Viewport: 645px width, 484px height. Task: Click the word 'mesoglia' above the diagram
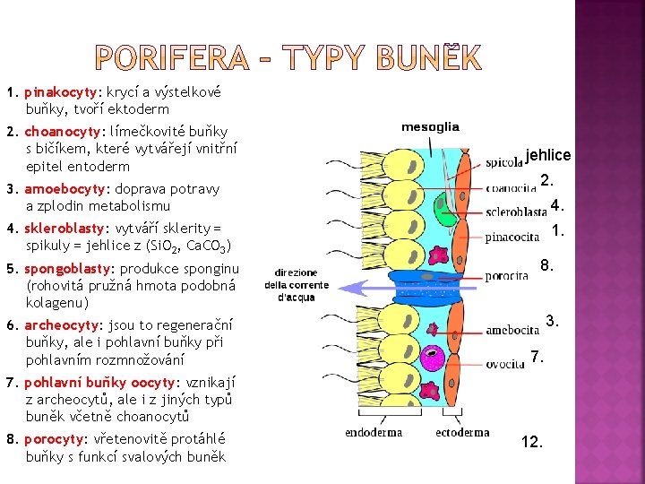tap(430, 127)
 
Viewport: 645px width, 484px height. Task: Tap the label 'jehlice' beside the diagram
tap(548, 155)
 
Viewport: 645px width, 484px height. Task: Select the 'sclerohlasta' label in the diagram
tap(516, 212)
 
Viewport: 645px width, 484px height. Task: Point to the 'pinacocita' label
tap(513, 237)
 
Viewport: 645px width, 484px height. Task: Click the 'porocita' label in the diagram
tap(507, 277)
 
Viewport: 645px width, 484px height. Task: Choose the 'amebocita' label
tap(512, 330)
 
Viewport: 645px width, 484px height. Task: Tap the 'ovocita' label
tap(506, 364)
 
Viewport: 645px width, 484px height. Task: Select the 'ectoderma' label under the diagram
tap(462, 432)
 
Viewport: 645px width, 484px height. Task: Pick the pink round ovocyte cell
tap(433, 357)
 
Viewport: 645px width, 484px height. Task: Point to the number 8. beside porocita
tap(546, 265)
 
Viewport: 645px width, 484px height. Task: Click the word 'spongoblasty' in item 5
tap(64, 269)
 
